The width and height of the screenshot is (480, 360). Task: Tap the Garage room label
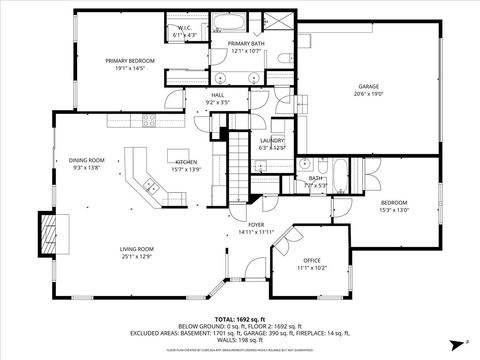(370, 88)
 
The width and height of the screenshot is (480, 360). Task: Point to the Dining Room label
(87, 160)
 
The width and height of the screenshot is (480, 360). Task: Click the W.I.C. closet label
(186, 30)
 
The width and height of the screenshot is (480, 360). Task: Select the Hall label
(217, 96)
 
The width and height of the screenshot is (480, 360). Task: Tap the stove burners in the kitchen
(148, 121)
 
